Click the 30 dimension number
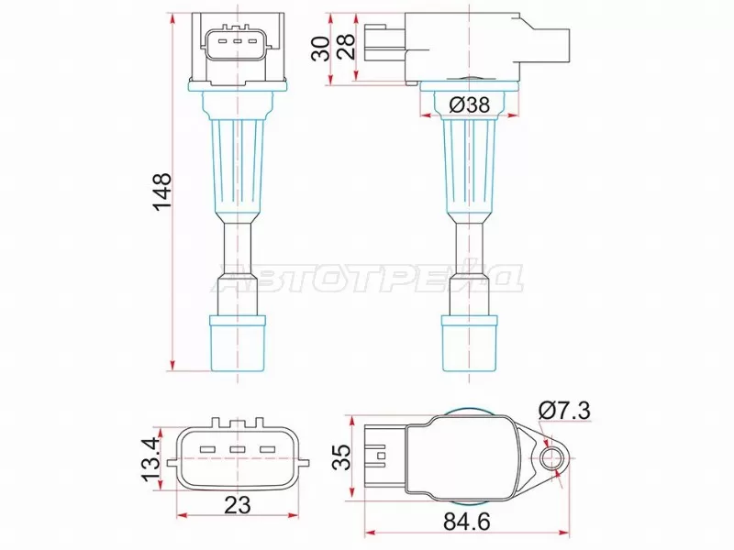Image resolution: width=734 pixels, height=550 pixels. pos(320,49)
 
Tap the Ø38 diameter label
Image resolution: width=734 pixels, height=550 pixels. pos(471,105)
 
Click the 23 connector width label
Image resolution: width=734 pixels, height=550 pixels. pos(238,504)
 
